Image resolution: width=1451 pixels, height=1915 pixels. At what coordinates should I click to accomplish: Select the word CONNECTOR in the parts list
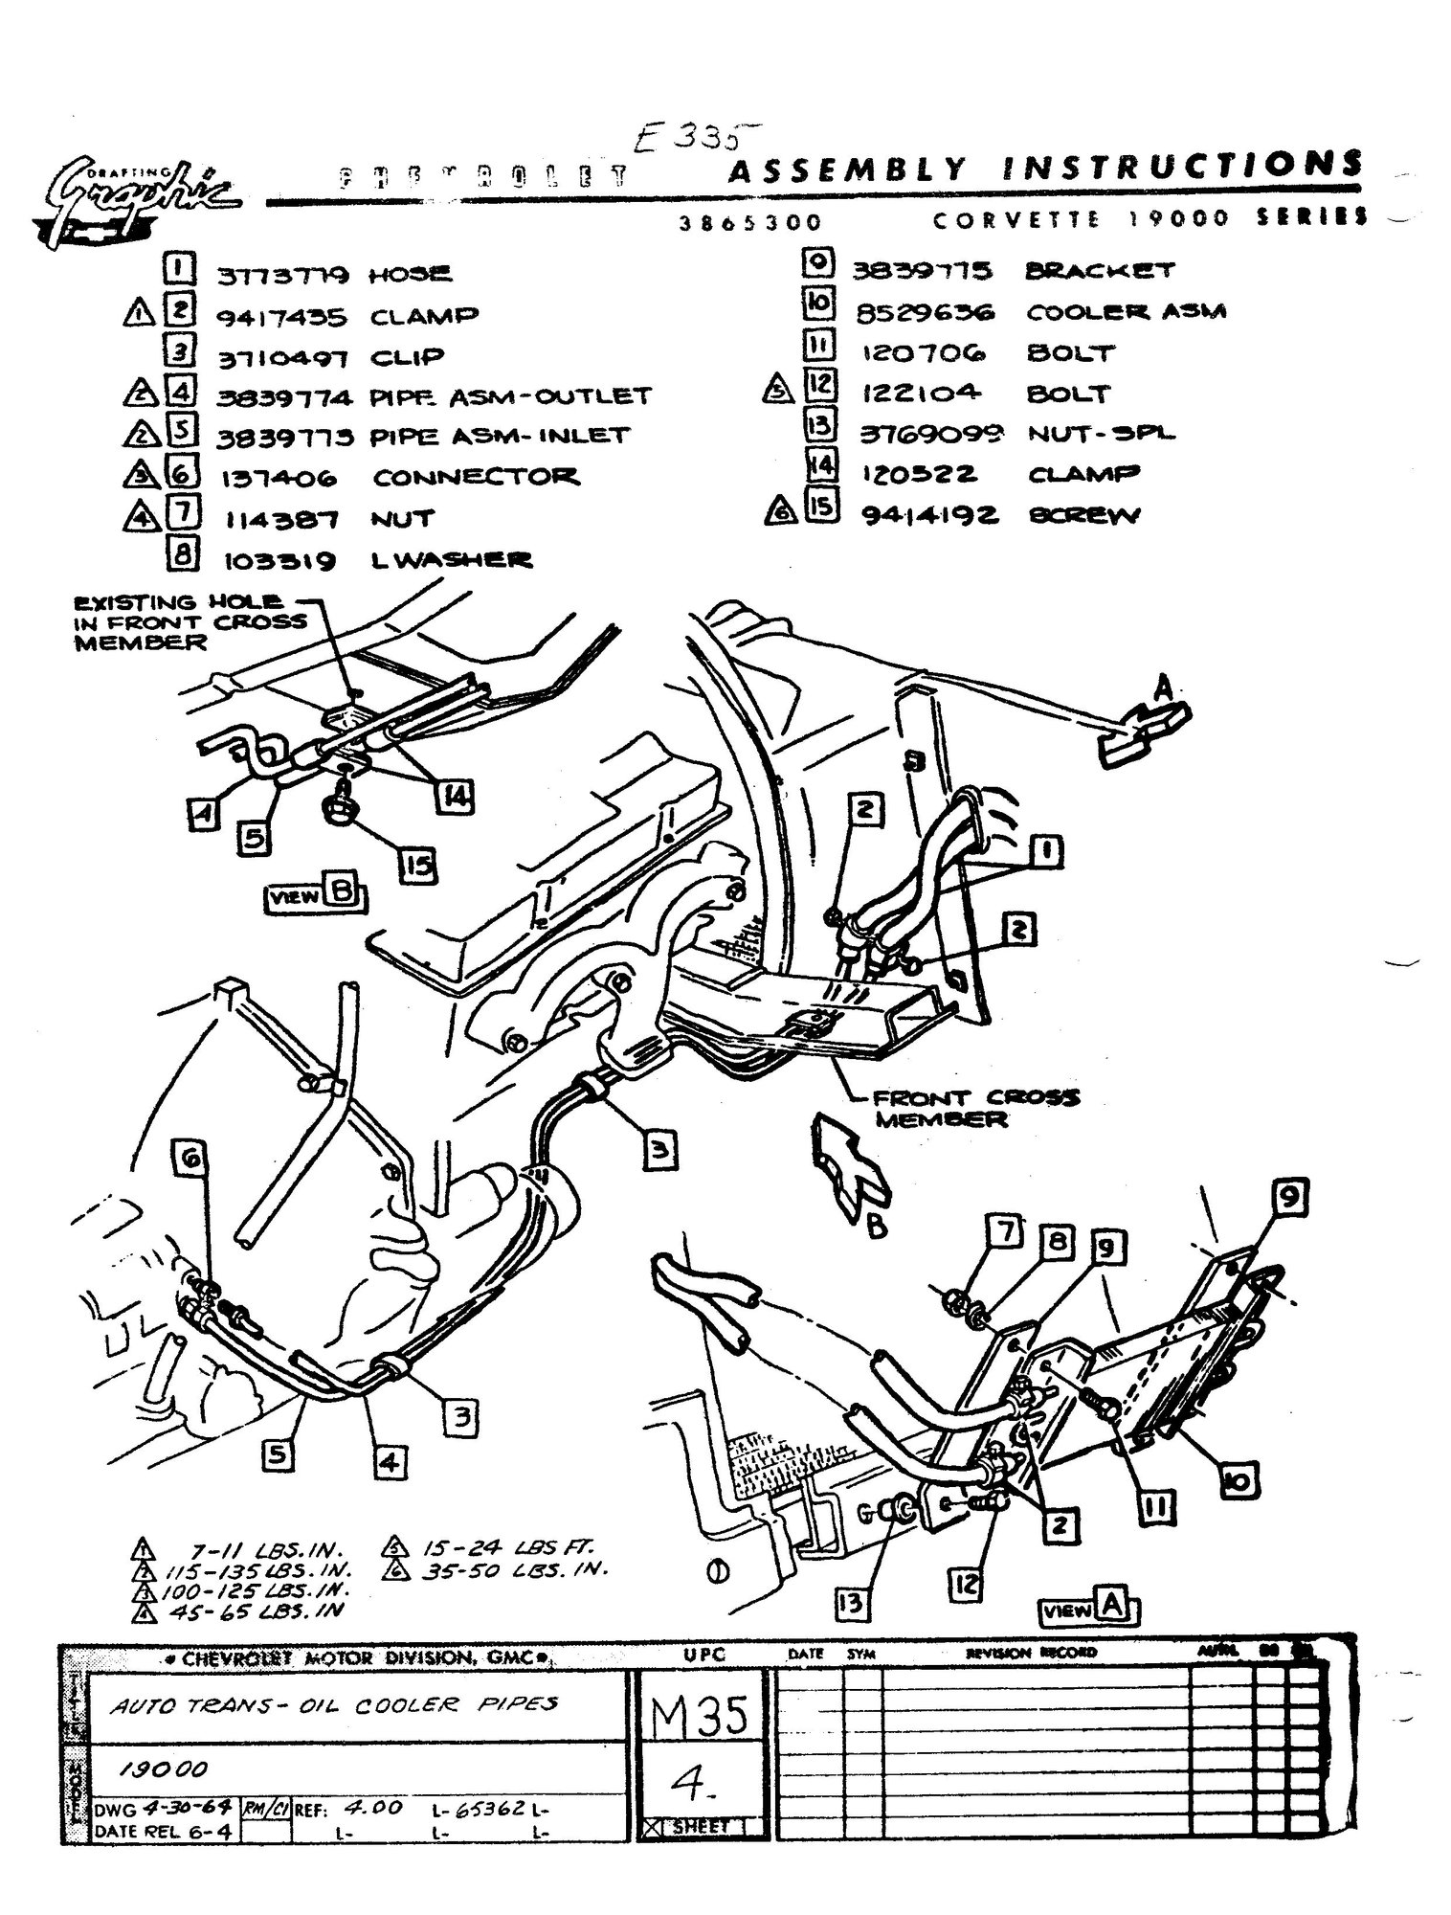tap(475, 477)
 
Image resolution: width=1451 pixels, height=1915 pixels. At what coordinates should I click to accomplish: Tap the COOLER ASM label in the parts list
tap(1126, 312)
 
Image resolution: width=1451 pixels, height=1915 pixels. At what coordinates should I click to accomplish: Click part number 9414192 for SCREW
tap(929, 516)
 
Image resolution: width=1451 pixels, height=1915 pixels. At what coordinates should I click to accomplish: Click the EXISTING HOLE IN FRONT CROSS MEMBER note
tap(191, 621)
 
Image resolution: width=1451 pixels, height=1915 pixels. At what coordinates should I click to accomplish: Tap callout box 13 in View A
tap(851, 1602)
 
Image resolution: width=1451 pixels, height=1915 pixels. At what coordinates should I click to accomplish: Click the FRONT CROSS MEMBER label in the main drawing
tap(971, 1108)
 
